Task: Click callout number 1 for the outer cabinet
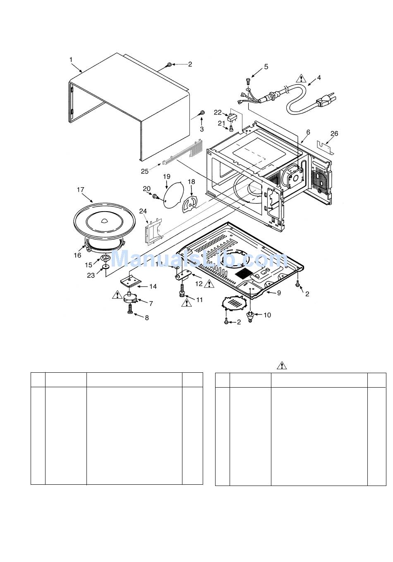pyautogui.click(x=71, y=60)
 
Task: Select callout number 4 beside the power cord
pyautogui.click(x=319, y=77)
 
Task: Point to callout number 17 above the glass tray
pyautogui.click(x=80, y=190)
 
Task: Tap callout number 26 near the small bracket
pyautogui.click(x=334, y=133)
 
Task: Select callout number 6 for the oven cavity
pyautogui.click(x=308, y=132)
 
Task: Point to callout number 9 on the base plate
pyautogui.click(x=279, y=293)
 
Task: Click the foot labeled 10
pyautogui.click(x=250, y=316)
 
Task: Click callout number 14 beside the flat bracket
pyautogui.click(x=153, y=286)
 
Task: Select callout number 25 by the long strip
pyautogui.click(x=144, y=171)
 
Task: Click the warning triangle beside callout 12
pyautogui.click(x=209, y=283)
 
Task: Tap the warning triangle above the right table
pyautogui.click(x=282, y=365)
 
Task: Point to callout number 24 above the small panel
pyautogui.click(x=143, y=211)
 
